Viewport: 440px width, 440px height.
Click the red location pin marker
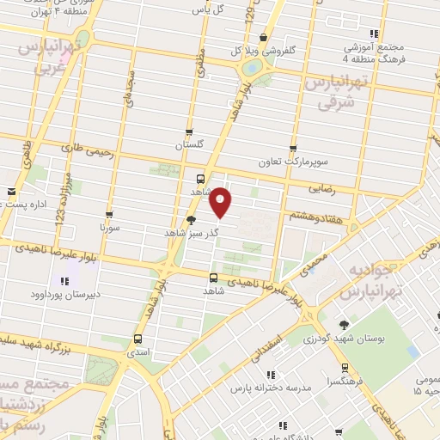(222, 202)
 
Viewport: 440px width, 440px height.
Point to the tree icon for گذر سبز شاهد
(190, 220)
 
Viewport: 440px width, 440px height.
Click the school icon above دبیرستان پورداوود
(63, 281)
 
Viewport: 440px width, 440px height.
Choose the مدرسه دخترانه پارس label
(256, 388)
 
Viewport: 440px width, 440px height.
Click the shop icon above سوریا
(109, 216)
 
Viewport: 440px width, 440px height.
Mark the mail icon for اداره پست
(11, 192)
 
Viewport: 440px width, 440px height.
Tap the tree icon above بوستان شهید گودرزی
(344, 325)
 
